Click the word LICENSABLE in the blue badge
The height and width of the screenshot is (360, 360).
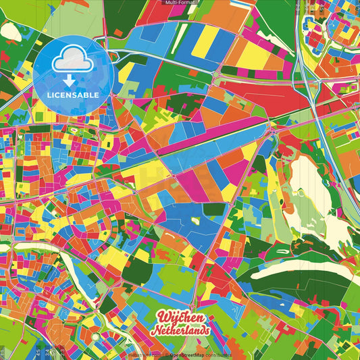click(72, 95)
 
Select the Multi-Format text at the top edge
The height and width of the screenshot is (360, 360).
click(180, 3)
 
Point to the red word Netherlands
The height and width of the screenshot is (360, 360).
click(181, 331)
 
